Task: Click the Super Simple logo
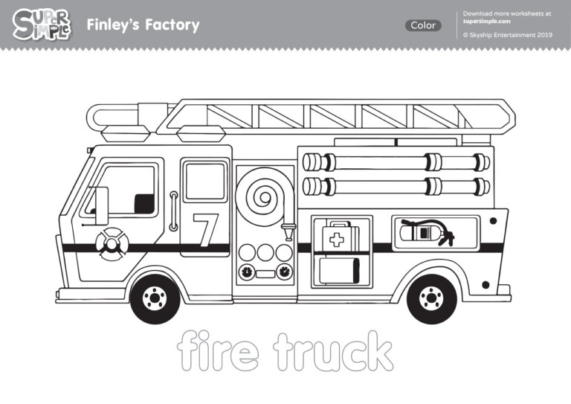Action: (x=42, y=25)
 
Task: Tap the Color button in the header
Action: (x=423, y=25)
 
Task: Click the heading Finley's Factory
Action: (x=143, y=25)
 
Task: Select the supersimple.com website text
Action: (x=487, y=22)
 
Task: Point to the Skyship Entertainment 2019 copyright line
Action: (x=507, y=34)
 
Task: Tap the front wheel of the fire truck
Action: (x=155, y=298)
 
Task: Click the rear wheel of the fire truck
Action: (x=432, y=298)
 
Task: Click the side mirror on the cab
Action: (x=101, y=205)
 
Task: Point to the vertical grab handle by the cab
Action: (x=172, y=211)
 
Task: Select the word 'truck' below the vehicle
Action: (x=332, y=351)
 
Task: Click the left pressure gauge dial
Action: (x=246, y=272)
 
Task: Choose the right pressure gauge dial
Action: (x=284, y=272)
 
